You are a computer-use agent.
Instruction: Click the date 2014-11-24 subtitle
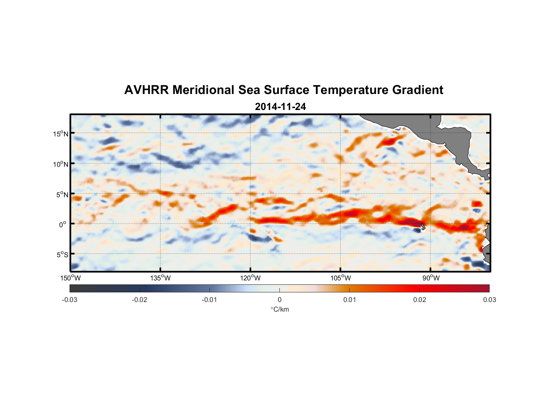point(280,107)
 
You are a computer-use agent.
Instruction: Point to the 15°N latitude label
point(60,134)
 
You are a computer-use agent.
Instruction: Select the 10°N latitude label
point(60,164)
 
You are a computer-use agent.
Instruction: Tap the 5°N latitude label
point(62,194)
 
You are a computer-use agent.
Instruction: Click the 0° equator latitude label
point(62,224)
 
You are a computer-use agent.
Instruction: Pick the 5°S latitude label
point(62,255)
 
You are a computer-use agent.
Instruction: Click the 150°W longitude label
point(70,278)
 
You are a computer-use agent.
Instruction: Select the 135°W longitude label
point(160,278)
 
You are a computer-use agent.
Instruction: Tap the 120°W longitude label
point(250,278)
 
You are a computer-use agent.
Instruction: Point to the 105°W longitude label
point(341,278)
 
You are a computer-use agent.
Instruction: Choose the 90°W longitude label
point(431,278)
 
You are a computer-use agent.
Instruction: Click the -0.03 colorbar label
point(70,300)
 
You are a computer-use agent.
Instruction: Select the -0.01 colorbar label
point(209,300)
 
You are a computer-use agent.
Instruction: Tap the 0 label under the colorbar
point(279,300)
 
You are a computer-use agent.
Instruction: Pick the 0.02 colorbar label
point(420,300)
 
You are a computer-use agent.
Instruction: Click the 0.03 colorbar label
point(489,300)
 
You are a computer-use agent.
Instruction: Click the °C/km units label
point(279,309)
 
